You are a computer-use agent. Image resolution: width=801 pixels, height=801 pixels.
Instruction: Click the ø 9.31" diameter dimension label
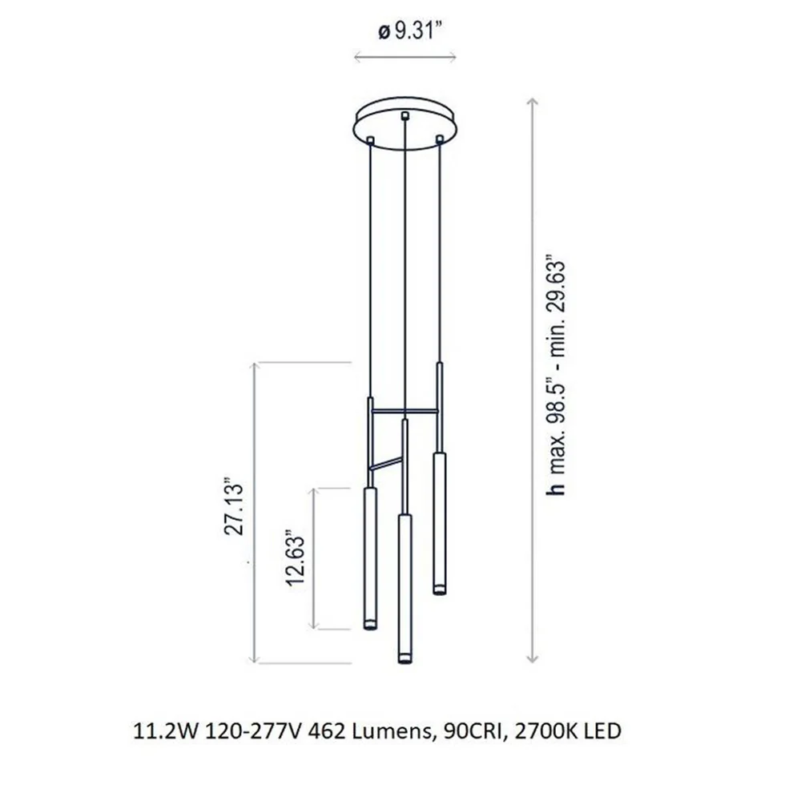coord(409,32)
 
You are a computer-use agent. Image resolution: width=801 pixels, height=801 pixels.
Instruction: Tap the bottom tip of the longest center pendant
coord(405,662)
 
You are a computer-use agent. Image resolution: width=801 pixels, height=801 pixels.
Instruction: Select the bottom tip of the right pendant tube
coord(439,592)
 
